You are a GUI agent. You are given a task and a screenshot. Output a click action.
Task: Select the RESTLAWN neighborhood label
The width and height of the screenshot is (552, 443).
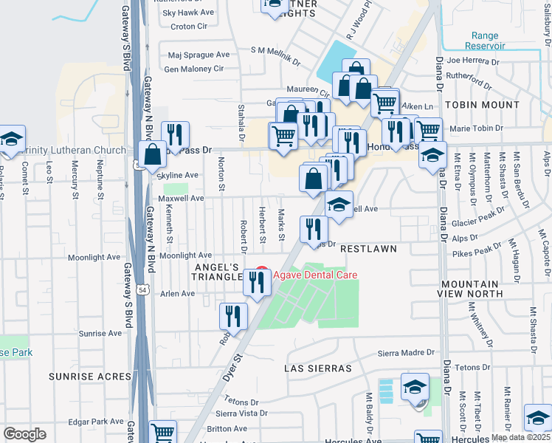pyautogui.click(x=368, y=250)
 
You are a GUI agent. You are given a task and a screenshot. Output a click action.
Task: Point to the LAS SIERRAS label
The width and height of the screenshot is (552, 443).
pyautogui.click(x=318, y=368)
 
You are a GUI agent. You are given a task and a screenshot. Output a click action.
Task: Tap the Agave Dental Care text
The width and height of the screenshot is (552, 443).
pyautogui.click(x=316, y=275)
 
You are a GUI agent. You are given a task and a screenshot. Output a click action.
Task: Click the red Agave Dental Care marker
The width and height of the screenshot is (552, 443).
pyautogui.click(x=259, y=274)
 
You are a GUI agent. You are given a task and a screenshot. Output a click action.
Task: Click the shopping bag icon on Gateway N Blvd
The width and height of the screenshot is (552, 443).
pyautogui.click(x=152, y=156)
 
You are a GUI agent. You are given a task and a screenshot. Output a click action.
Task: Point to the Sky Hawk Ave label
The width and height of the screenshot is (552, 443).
pyautogui.click(x=188, y=13)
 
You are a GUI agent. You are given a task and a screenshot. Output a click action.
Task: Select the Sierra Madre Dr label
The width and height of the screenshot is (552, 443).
pyautogui.click(x=405, y=354)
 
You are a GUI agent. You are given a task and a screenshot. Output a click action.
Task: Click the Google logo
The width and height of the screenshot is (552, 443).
pyautogui.click(x=24, y=433)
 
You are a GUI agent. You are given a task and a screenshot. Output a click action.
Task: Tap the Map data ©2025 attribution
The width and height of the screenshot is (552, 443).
pyautogui.click(x=520, y=437)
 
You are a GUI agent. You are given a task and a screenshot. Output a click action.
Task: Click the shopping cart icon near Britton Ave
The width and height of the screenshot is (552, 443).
pyautogui.click(x=163, y=432)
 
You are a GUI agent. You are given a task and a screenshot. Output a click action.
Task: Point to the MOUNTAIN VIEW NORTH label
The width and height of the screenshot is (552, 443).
pyautogui.click(x=481, y=289)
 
